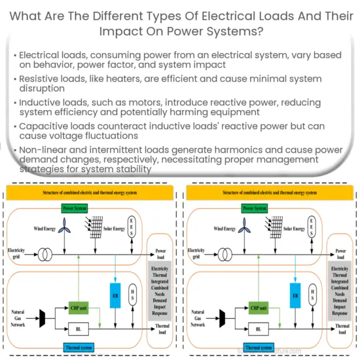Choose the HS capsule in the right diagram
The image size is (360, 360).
click(314, 295)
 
